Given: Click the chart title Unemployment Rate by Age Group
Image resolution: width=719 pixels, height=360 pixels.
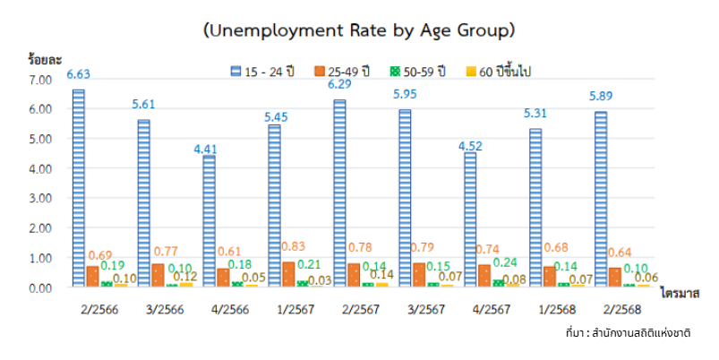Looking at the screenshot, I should [x=358, y=30].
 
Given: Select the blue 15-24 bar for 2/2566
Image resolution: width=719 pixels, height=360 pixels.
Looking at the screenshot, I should [x=79, y=188].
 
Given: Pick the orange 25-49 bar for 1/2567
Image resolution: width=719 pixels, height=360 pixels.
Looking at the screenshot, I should [x=288, y=273].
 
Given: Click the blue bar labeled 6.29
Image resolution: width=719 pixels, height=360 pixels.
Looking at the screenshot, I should [x=339, y=193].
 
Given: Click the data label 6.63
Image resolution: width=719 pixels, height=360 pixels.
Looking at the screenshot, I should [x=78, y=74].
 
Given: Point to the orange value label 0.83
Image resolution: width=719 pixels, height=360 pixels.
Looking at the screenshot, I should [x=289, y=246].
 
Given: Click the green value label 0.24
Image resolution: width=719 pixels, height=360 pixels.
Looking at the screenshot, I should [x=504, y=263].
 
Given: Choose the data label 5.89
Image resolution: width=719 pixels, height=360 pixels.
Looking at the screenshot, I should [x=600, y=97].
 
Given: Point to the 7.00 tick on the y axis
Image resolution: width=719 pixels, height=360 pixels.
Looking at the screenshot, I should [x=42, y=80].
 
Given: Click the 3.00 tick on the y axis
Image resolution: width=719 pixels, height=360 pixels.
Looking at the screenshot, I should [x=42, y=199].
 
